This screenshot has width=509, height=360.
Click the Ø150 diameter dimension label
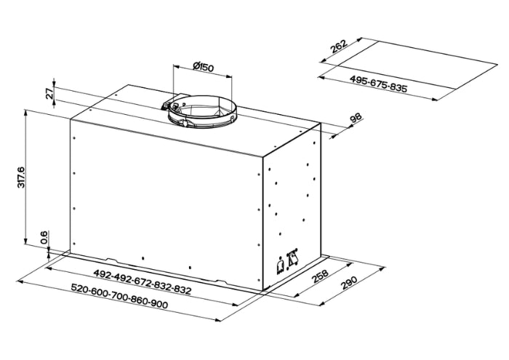tap(203, 67)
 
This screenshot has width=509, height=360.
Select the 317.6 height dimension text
tap(21, 177)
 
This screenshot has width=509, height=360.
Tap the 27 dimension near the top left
tap(49, 93)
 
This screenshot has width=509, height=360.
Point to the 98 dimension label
tap(356, 118)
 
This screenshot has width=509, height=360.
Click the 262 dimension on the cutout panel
tap(339, 46)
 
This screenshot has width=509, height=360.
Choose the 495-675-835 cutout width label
tap(378, 84)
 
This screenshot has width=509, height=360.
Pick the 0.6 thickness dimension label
tap(44, 238)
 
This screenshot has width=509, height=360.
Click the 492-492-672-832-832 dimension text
tap(143, 281)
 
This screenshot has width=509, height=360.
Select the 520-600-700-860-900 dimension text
tap(119, 296)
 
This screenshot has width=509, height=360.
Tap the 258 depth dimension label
tap(321, 276)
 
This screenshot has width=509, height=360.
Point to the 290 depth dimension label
tap(349, 282)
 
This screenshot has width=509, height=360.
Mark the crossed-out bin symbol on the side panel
tap(292, 258)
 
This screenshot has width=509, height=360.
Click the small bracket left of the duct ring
tap(167, 105)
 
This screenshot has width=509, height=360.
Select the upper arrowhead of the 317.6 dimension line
tap(25, 112)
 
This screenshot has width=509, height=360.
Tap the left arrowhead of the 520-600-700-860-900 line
tap(20, 281)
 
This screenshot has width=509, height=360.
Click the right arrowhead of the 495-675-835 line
tap(435, 99)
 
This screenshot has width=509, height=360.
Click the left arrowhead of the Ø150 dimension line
tap(177, 66)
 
